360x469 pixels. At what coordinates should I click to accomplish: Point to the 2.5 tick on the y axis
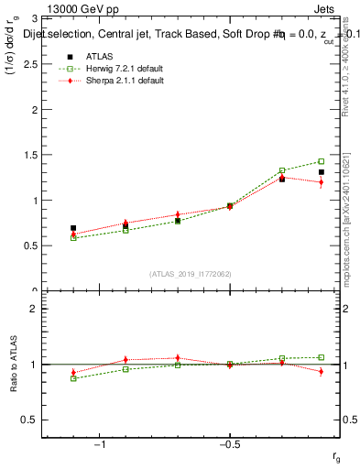32,63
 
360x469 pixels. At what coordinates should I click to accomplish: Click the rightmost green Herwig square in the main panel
321,161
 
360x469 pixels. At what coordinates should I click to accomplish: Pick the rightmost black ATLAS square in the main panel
321,172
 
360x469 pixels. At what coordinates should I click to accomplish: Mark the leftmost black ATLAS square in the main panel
73,228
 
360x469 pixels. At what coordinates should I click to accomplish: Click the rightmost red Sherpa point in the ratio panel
321,371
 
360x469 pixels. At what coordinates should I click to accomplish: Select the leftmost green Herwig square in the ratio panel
73,378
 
